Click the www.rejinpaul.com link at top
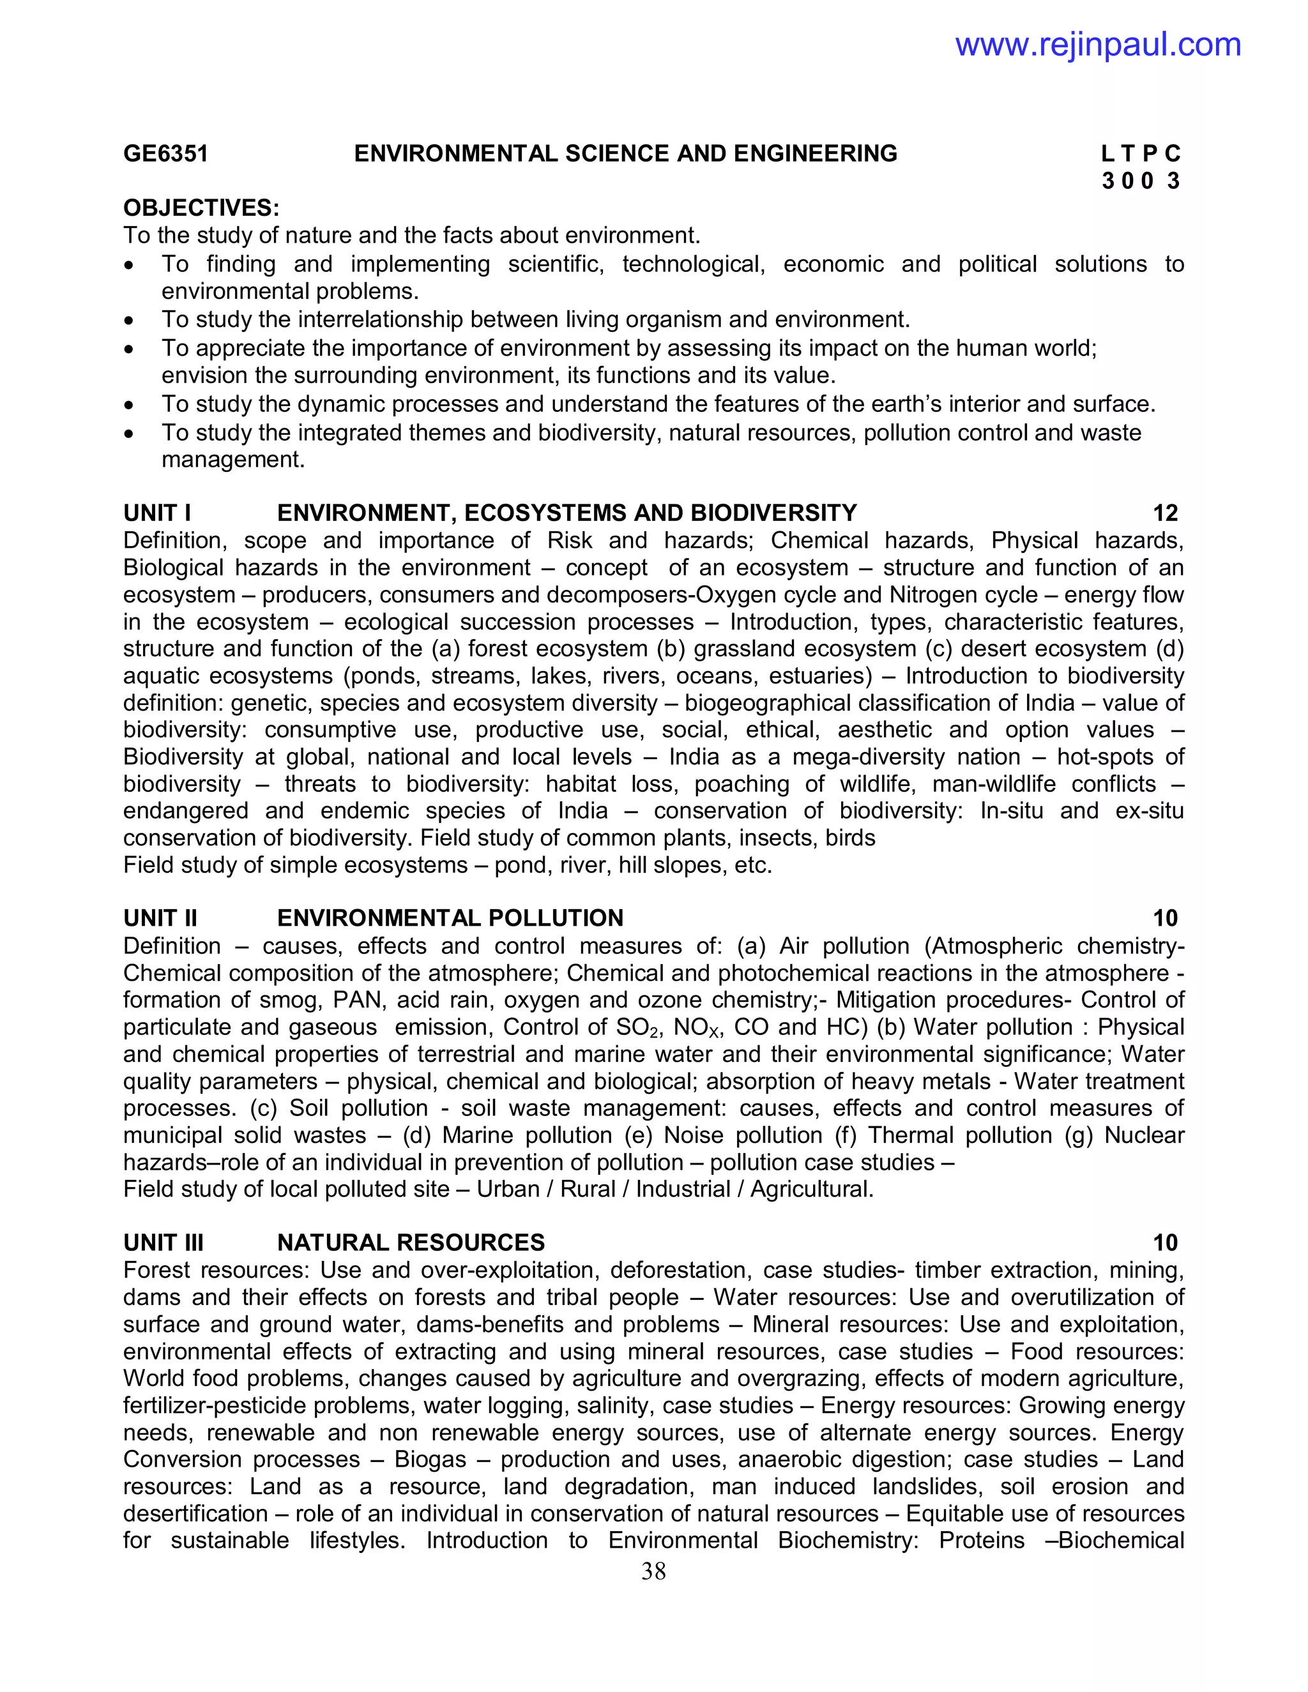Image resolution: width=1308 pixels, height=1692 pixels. [x=1097, y=45]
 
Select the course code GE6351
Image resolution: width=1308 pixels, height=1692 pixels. [x=166, y=153]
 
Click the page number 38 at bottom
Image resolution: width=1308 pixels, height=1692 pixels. [x=653, y=1571]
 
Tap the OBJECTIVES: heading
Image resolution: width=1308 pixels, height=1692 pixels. [x=201, y=208]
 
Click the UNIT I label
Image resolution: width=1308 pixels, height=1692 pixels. [x=157, y=513]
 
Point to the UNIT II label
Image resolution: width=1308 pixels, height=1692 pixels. [x=160, y=918]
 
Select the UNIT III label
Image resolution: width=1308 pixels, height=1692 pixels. [x=163, y=1243]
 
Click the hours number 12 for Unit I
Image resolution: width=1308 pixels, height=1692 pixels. [x=1165, y=513]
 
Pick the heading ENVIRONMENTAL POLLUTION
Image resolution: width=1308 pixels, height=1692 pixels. [x=450, y=918]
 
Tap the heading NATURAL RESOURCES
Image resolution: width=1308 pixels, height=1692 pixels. [x=411, y=1243]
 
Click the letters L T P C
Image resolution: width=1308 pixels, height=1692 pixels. [x=1141, y=153]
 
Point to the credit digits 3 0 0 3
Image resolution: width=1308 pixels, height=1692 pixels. [x=1141, y=181]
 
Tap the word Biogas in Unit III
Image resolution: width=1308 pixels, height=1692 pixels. [x=430, y=1460]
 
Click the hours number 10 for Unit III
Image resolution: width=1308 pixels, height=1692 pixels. [x=1165, y=1243]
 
